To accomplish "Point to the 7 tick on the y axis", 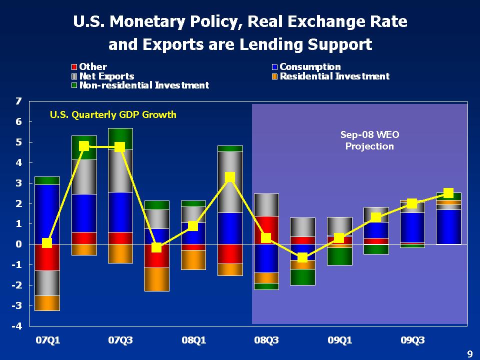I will pyautogui.click(x=18, y=101).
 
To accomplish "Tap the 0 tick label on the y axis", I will pyautogui.click(x=18, y=244).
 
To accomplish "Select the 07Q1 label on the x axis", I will pyautogui.click(x=47, y=341).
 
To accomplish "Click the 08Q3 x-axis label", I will pyautogui.click(x=266, y=341).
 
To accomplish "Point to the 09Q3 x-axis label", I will pyautogui.click(x=412, y=341).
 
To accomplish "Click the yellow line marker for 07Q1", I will pyautogui.click(x=47, y=243).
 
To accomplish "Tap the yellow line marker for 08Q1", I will pyautogui.click(x=193, y=226).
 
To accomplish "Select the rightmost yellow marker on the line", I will pyautogui.click(x=448, y=193).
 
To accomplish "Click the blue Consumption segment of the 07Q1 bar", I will pyautogui.click(x=47, y=214).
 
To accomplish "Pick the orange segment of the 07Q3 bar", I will pyautogui.click(x=120, y=253).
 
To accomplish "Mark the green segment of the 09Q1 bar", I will pyautogui.click(x=339, y=256).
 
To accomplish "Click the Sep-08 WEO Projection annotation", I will pyautogui.click(x=369, y=140).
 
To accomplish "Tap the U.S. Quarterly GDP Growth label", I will pyautogui.click(x=113, y=115).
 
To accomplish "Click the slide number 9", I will pyautogui.click(x=469, y=354).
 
